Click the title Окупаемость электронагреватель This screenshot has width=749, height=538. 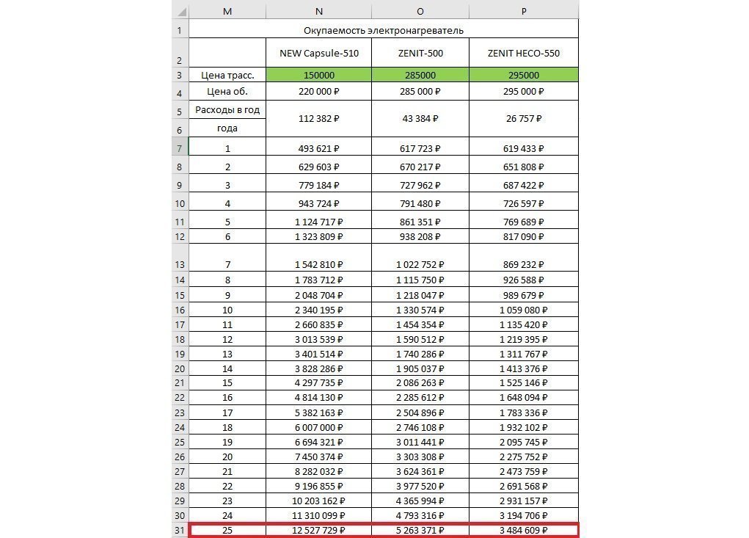click(383, 30)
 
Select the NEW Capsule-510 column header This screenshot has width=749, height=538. click(319, 53)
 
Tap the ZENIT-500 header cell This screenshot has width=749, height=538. click(420, 53)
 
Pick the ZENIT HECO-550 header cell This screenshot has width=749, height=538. click(523, 53)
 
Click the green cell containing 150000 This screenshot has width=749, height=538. click(319, 75)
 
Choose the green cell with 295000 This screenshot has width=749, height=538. click(523, 75)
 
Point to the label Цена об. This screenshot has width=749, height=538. click(227, 92)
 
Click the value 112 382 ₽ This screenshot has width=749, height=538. click(319, 118)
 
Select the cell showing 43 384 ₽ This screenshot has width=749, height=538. click(420, 118)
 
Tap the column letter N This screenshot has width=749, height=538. click(318, 11)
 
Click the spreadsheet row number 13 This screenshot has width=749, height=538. click(179, 264)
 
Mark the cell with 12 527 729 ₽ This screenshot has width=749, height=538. click(319, 530)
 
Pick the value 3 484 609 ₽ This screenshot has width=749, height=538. click(523, 530)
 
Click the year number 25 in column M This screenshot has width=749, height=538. click(227, 530)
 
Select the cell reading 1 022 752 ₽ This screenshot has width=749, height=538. click(420, 264)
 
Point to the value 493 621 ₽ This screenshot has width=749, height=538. click(319, 148)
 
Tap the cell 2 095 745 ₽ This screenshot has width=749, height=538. click(523, 443)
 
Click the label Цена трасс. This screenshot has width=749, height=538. click(227, 75)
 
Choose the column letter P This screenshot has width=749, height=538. click(523, 11)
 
